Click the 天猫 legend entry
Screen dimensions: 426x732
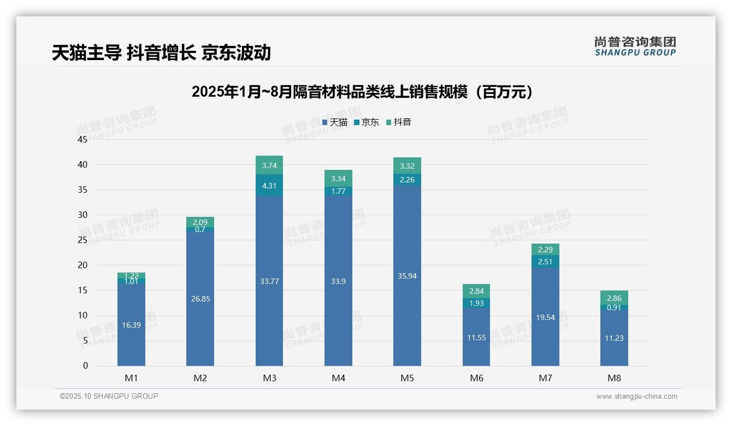pos(335,122)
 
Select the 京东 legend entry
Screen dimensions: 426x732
pos(367,122)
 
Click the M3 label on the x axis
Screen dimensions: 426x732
pos(269,378)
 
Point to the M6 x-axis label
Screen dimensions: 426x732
pos(476,378)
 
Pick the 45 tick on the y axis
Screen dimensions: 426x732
pos(82,139)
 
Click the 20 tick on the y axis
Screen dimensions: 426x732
pos(82,265)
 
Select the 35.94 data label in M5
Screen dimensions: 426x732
pos(407,276)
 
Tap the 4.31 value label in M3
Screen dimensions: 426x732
pos(269,185)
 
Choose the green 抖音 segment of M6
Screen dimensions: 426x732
pos(476,291)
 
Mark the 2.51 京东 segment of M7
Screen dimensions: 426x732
pos(545,262)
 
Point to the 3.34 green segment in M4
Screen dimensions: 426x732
pos(338,178)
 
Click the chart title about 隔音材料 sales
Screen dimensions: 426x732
pos(362,92)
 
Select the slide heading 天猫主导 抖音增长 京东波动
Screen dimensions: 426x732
pos(161,53)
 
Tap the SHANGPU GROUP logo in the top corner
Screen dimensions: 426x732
pos(635,46)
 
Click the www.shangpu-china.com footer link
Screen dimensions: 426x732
pos(636,397)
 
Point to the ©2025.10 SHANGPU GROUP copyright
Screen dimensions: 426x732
pos(109,396)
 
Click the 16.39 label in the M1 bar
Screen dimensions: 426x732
pos(131,325)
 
